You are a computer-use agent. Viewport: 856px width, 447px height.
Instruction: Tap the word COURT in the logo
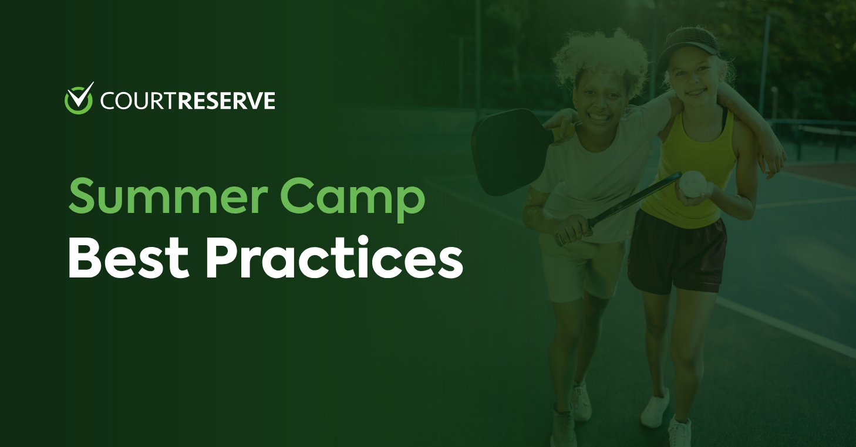(x=138, y=101)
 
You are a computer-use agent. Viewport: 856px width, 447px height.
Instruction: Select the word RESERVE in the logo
(x=226, y=101)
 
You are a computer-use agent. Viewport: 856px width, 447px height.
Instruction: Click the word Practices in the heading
(x=333, y=259)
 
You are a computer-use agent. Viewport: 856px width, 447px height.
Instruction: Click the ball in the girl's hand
(x=691, y=183)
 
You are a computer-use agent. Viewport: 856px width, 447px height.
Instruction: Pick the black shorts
(x=675, y=252)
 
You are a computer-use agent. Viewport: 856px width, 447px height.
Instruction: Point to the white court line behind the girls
(x=787, y=329)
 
